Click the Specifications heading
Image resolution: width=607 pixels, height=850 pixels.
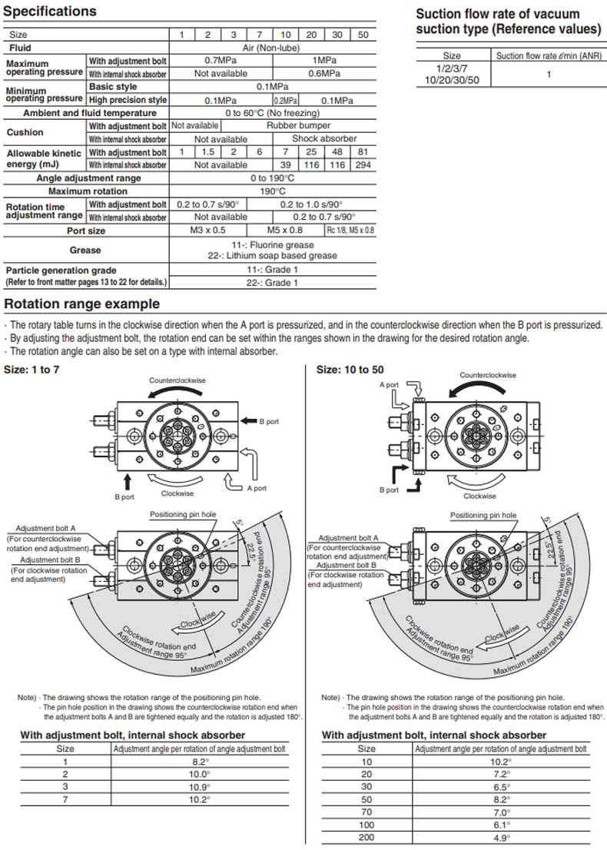click(50, 12)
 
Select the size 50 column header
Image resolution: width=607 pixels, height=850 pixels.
click(363, 35)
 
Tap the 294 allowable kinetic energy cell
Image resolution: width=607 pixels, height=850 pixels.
click(363, 165)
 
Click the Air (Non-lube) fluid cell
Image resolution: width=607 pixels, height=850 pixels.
click(272, 48)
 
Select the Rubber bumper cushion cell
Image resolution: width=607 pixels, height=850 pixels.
click(298, 125)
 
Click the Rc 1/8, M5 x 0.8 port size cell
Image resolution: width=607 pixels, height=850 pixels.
click(350, 230)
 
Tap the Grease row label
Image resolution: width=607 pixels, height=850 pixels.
click(85, 250)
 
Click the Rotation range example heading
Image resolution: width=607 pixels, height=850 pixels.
click(82, 304)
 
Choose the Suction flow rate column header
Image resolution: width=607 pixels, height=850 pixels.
click(548, 55)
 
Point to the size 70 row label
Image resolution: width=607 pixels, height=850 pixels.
click(367, 812)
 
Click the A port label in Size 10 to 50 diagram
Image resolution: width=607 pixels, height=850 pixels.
click(388, 385)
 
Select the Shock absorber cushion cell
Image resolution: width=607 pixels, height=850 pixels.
click(324, 139)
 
